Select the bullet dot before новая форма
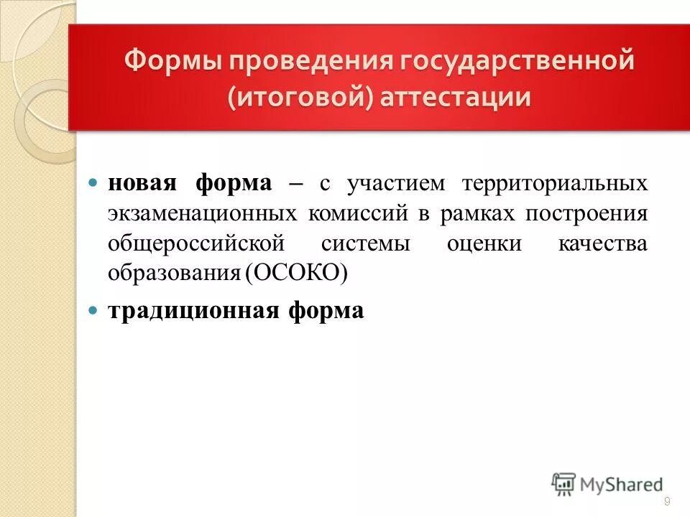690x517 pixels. click(x=92, y=183)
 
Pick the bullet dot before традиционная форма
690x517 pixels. click(x=92, y=311)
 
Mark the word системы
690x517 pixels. click(x=366, y=243)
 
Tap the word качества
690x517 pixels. click(x=602, y=243)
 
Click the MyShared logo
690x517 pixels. click(x=607, y=484)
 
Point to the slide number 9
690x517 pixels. click(x=668, y=501)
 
